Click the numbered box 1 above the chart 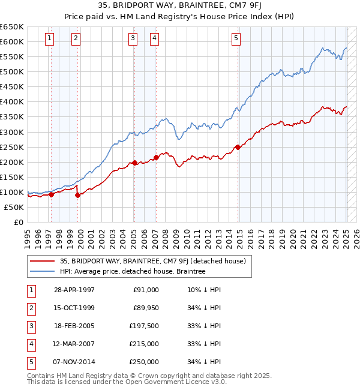49,38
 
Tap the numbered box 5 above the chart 236,38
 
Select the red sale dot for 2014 238,146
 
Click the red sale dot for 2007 156,157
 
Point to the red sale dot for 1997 51,194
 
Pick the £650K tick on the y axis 12,27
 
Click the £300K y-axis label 12,132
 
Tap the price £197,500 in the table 144,326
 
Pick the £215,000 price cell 144,344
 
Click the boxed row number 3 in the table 31,326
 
